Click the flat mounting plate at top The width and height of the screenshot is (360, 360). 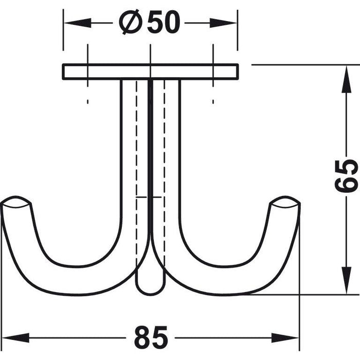(x=150, y=72)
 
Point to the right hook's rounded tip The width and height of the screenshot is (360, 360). (x=284, y=202)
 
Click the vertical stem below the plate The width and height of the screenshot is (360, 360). (x=150, y=154)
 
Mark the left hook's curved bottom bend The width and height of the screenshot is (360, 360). (x=72, y=273)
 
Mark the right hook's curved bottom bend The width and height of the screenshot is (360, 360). (x=229, y=273)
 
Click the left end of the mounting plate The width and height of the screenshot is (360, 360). (x=65, y=72)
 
